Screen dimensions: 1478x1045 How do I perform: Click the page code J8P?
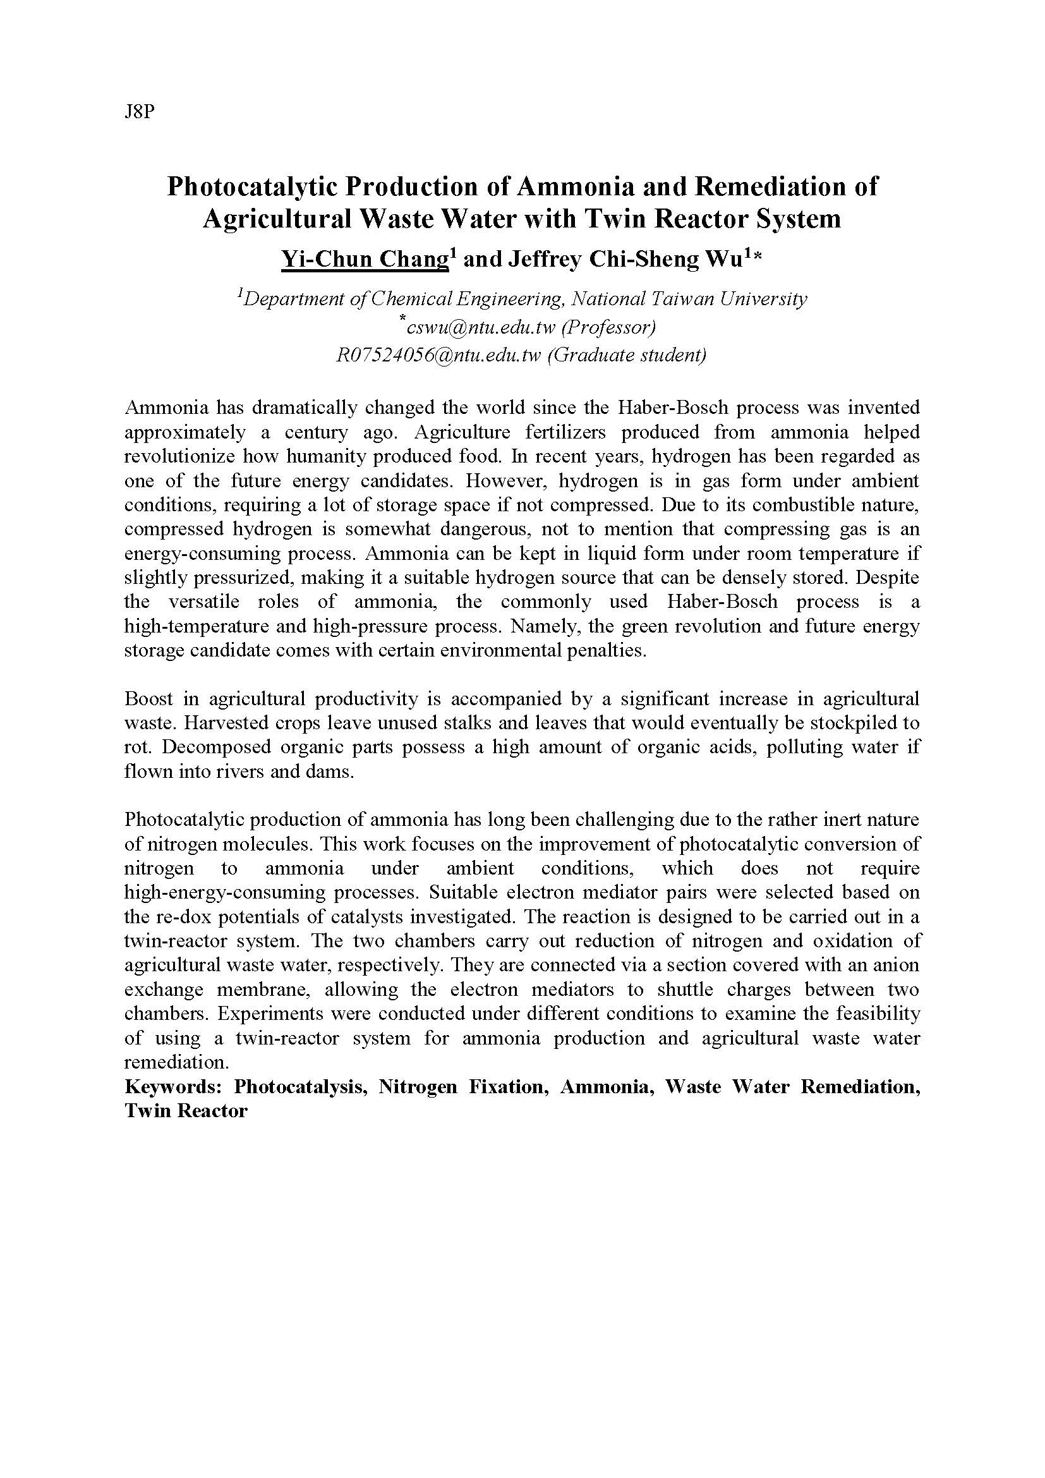click(x=140, y=112)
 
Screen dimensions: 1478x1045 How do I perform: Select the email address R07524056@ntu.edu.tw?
click(x=438, y=355)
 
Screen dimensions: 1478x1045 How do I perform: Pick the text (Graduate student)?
click(x=627, y=355)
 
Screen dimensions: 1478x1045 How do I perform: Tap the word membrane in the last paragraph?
click(x=257, y=990)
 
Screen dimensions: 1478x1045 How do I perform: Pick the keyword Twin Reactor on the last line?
click(x=186, y=1111)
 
